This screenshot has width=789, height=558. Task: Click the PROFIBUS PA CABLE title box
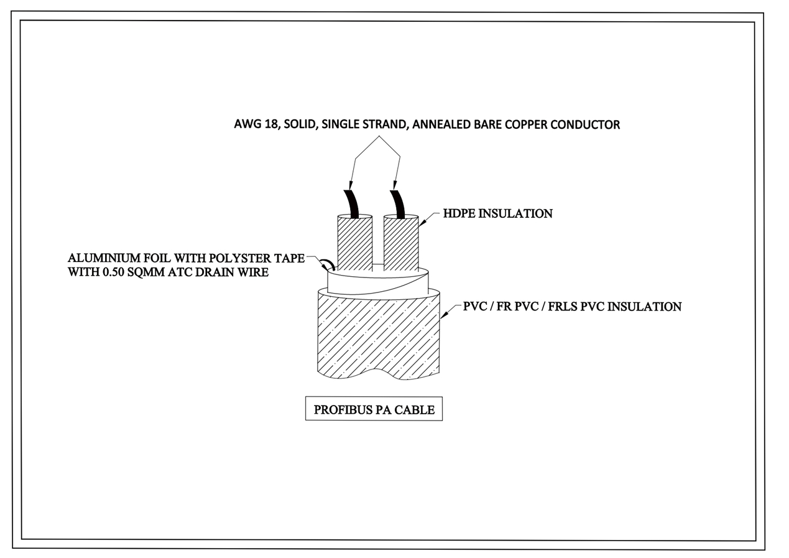(374, 409)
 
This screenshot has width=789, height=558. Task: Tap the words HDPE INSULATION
(497, 213)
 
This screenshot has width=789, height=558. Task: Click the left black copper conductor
(352, 204)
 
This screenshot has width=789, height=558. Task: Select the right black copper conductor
(398, 204)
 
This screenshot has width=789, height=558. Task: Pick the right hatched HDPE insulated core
(401, 242)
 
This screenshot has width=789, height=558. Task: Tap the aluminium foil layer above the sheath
(378, 281)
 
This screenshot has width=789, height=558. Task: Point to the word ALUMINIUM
(104, 258)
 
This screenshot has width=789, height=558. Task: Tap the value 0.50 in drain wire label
(113, 272)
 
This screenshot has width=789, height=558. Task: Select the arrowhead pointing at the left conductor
(351, 185)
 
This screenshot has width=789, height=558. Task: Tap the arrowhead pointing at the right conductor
(395, 185)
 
